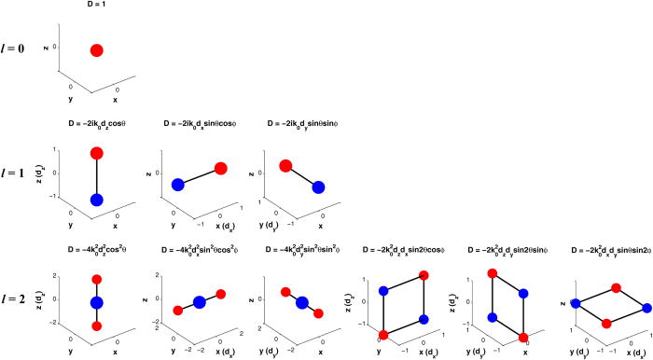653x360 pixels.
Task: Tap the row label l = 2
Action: (18, 298)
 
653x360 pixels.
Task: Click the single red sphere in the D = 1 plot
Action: (97, 49)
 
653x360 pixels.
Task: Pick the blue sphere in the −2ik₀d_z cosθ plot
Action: (97, 200)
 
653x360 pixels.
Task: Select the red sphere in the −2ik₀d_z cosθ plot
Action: (97, 153)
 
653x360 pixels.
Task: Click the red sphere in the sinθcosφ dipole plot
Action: (221, 168)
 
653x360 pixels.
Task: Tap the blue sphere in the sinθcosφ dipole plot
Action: (177, 185)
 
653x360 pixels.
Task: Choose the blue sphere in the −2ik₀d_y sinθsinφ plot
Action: (318, 187)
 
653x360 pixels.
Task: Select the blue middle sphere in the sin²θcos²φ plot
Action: (200, 301)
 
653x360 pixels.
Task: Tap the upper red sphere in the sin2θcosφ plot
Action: (424, 275)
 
